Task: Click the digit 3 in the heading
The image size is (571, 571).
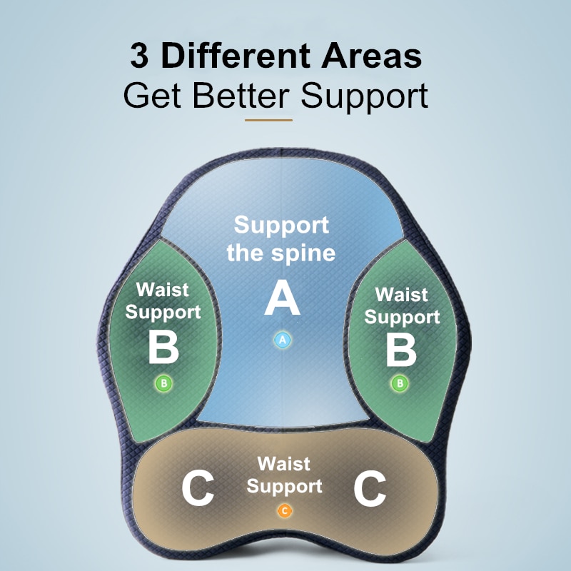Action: click(x=139, y=56)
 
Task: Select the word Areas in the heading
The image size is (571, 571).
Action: click(x=371, y=56)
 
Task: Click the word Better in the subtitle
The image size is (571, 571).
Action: click(x=241, y=96)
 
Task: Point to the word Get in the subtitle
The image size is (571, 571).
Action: click(x=152, y=96)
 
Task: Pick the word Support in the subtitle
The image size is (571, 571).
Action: click(x=365, y=97)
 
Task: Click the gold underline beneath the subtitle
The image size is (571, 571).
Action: click(x=268, y=120)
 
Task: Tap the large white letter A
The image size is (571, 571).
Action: click(x=282, y=298)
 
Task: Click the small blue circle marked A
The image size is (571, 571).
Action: click(x=282, y=340)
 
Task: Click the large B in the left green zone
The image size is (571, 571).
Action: click(x=163, y=348)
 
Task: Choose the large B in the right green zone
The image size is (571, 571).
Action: click(x=401, y=350)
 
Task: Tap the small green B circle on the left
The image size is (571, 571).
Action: click(x=164, y=383)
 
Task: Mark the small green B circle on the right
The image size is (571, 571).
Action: click(x=400, y=383)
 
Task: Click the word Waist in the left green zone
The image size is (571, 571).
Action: click(x=163, y=290)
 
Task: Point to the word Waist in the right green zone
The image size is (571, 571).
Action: click(x=401, y=294)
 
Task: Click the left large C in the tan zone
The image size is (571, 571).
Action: click(x=198, y=489)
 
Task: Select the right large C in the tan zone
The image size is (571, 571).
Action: click(x=370, y=489)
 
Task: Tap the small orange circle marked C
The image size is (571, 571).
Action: click(x=284, y=511)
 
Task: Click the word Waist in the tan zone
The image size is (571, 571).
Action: click(x=283, y=464)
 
